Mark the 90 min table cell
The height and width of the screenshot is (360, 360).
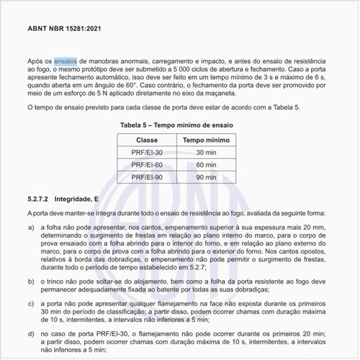(205, 176)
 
